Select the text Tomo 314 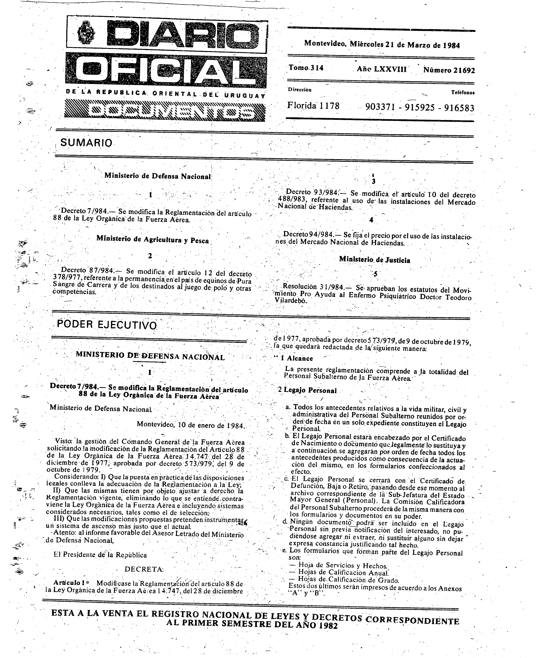pyautogui.click(x=306, y=68)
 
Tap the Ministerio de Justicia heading pyautogui.click(x=374, y=260)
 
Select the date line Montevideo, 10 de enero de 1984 pyautogui.click(x=190, y=425)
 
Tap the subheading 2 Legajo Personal pyautogui.click(x=307, y=390)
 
